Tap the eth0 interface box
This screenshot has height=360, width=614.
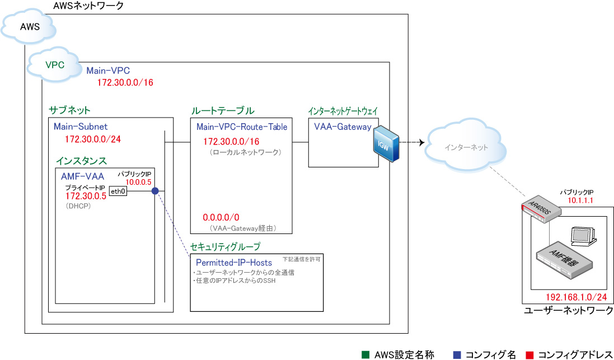point(118,191)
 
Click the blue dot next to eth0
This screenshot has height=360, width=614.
point(155,191)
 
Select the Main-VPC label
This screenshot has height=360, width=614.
point(108,71)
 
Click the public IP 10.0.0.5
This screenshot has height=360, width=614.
point(138,183)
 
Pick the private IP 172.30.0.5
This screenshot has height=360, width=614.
point(86,197)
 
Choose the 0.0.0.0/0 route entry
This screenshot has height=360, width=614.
point(221,217)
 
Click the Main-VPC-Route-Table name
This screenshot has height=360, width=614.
point(242,127)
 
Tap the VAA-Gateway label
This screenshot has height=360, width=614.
point(343,127)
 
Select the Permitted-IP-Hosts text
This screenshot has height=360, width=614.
point(234,262)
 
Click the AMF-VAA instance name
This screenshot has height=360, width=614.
point(82,176)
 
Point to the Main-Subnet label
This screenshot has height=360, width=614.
point(81,127)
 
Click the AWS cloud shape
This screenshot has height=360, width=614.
point(29,27)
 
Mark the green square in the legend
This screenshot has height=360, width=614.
point(365,354)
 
